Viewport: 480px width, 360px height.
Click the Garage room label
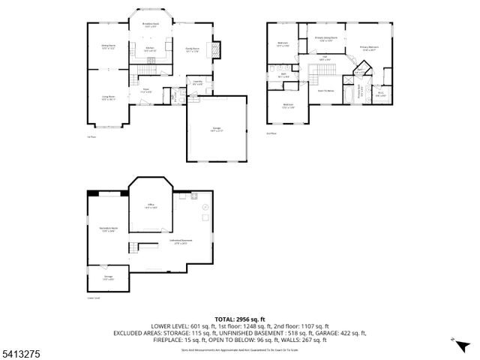217,130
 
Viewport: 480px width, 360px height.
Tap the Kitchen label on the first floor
150,49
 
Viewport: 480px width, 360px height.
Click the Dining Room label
108,49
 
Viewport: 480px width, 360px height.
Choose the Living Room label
108,97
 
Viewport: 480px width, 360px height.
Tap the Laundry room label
198,82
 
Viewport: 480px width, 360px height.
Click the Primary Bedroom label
369,49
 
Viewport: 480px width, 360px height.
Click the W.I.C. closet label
381,94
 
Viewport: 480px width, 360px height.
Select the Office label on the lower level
151,206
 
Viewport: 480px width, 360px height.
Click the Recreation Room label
108,229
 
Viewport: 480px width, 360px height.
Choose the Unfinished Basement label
181,242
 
